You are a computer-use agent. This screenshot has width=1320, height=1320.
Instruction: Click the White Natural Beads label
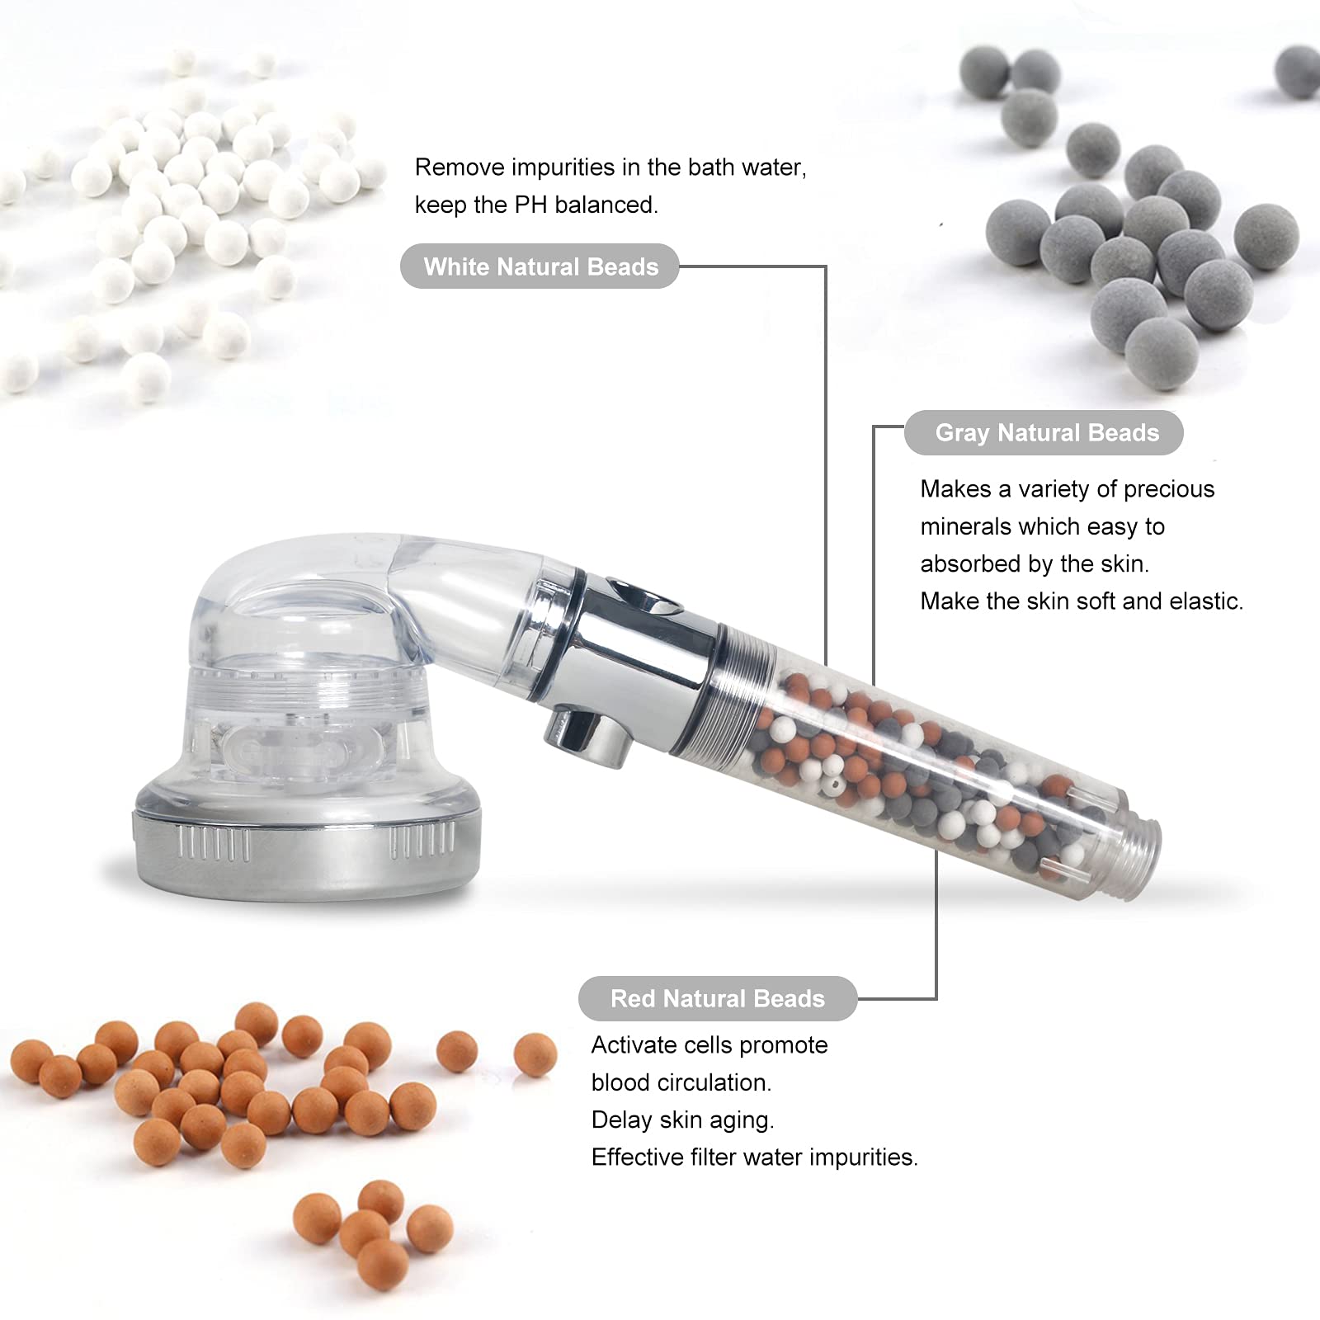540,266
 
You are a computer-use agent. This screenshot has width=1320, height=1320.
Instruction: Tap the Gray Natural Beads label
1046,433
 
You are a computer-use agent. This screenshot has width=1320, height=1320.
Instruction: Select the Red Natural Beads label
717,999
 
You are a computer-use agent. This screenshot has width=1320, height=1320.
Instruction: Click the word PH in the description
530,205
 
